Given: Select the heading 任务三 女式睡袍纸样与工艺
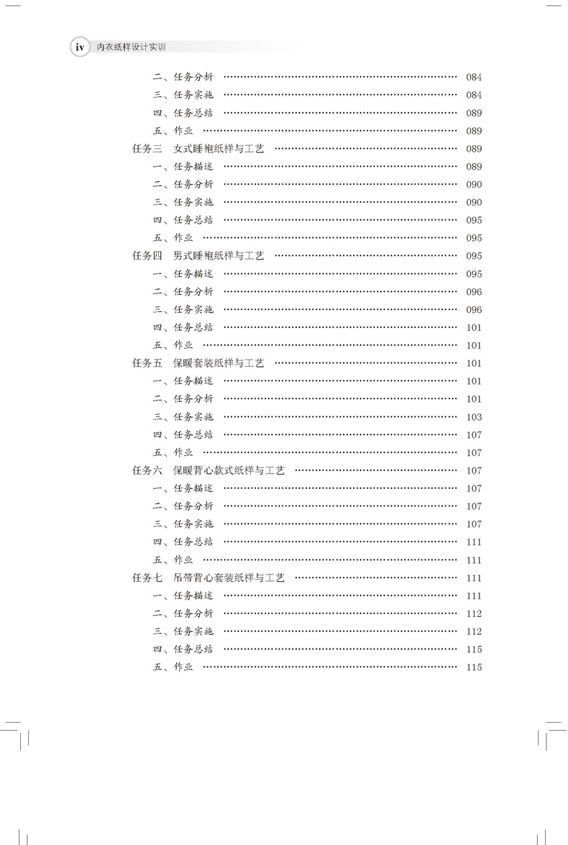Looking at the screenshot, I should coord(198,149).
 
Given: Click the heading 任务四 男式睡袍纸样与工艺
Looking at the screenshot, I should coord(198,256).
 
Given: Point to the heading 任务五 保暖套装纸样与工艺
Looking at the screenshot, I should coord(198,363).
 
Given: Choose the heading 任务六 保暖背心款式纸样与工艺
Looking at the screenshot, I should coord(209,470).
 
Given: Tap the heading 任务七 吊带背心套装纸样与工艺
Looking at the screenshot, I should coord(209,577).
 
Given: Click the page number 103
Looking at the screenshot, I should coord(474,417).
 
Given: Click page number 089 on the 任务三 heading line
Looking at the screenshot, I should coord(474,149).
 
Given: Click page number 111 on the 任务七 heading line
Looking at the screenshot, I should coord(474,577).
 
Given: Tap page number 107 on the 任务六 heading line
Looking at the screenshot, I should coord(474,470).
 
